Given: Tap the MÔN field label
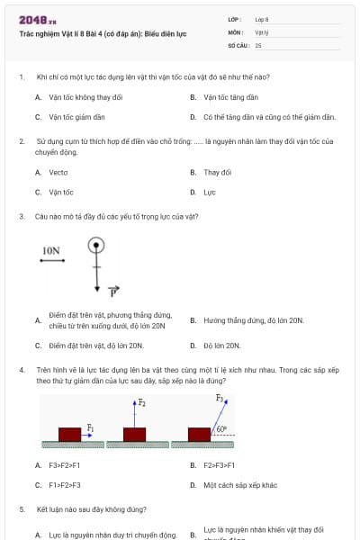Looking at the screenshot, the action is point(235,31).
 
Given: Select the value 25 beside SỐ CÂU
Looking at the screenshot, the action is point(258,44).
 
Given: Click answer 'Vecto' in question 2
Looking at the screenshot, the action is point(58,172).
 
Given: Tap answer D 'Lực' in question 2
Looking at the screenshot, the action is point(210,192).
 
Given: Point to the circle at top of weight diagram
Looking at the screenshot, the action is point(96,245).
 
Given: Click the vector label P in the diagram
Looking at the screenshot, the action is point(114,292).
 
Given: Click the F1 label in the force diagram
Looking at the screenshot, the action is point(90,428).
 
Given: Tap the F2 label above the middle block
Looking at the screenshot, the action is point(141,403).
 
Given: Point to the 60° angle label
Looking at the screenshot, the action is point(221,430).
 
